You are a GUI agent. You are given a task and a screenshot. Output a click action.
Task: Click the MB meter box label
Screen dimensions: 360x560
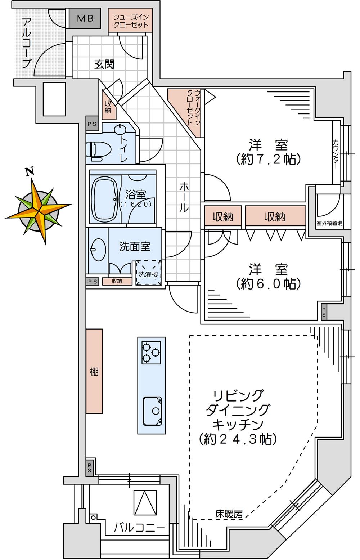click(85, 18)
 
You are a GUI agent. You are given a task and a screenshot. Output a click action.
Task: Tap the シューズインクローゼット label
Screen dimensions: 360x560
click(131, 21)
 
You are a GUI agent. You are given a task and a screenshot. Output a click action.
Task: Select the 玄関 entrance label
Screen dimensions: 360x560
click(104, 64)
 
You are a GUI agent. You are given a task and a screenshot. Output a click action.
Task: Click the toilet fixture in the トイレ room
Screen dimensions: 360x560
click(95, 151)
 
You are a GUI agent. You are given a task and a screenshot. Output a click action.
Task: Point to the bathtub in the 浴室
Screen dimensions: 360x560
click(104, 199)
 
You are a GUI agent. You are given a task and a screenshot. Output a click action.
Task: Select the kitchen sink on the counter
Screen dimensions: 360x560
click(152, 411)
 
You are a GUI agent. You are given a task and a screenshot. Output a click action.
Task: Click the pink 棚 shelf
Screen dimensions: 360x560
click(94, 371)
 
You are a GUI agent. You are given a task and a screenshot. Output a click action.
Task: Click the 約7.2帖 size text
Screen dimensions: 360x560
click(268, 159)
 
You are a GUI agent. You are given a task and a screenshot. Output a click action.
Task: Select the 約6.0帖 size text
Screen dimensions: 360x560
click(268, 284)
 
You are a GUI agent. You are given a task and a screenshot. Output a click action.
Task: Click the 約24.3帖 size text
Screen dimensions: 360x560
click(238, 439)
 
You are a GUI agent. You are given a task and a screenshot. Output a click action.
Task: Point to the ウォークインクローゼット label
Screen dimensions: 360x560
click(193, 107)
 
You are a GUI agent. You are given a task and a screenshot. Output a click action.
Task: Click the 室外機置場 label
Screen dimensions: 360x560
click(329, 223)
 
